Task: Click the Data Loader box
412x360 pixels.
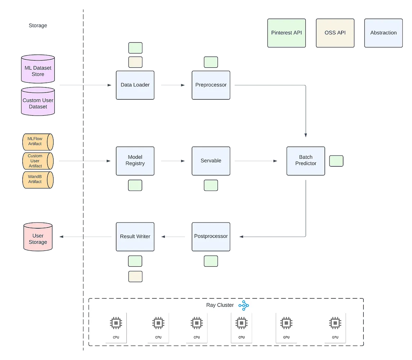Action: (x=135, y=85)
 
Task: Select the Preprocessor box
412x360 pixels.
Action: (x=211, y=85)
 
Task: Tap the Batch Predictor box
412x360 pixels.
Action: (x=305, y=160)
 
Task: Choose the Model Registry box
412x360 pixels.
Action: (x=135, y=160)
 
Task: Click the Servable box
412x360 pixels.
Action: (x=211, y=161)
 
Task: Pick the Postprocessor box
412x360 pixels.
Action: (x=211, y=236)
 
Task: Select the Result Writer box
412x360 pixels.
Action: (x=135, y=236)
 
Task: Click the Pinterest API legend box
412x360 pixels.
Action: (x=286, y=33)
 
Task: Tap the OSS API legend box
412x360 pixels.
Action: (x=335, y=33)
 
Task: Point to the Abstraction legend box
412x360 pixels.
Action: (x=383, y=33)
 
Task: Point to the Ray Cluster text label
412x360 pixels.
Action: (x=220, y=305)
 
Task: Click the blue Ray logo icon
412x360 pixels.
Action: (x=244, y=306)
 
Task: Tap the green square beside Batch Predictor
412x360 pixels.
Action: (x=336, y=161)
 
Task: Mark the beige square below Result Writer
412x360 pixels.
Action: (x=135, y=276)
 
